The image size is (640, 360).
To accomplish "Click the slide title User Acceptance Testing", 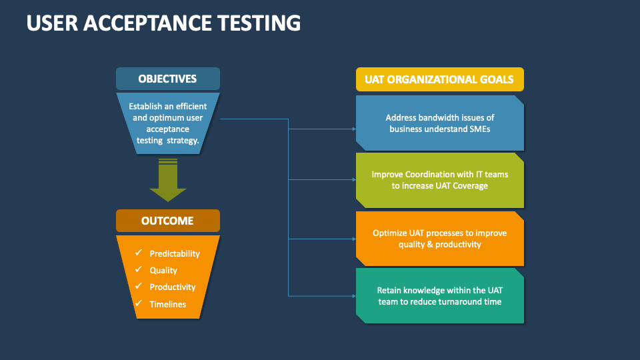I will tap(163, 23).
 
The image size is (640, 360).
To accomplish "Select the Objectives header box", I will tap(167, 79).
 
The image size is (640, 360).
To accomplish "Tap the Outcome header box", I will tap(167, 221).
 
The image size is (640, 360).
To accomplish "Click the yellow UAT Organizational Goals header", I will tap(439, 79).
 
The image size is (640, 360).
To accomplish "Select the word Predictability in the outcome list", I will tap(175, 254).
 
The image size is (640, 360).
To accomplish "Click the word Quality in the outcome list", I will tap(163, 271).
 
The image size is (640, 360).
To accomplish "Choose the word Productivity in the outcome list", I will tap(173, 287).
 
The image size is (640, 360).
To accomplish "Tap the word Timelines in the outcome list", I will tap(168, 305).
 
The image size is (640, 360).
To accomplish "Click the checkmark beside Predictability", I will tap(139, 253).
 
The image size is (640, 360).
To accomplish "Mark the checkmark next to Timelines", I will tap(139, 304).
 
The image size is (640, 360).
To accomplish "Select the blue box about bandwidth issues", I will tap(439, 123).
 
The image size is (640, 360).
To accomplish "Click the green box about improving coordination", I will tap(439, 180).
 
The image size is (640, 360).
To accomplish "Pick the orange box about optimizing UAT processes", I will tap(439, 239).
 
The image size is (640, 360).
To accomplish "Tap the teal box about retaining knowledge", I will tap(439, 296).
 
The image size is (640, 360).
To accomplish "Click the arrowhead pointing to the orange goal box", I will tap(353, 239).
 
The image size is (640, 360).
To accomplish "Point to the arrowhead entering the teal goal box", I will tap(353, 295).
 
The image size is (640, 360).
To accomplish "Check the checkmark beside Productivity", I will tap(139, 287).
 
